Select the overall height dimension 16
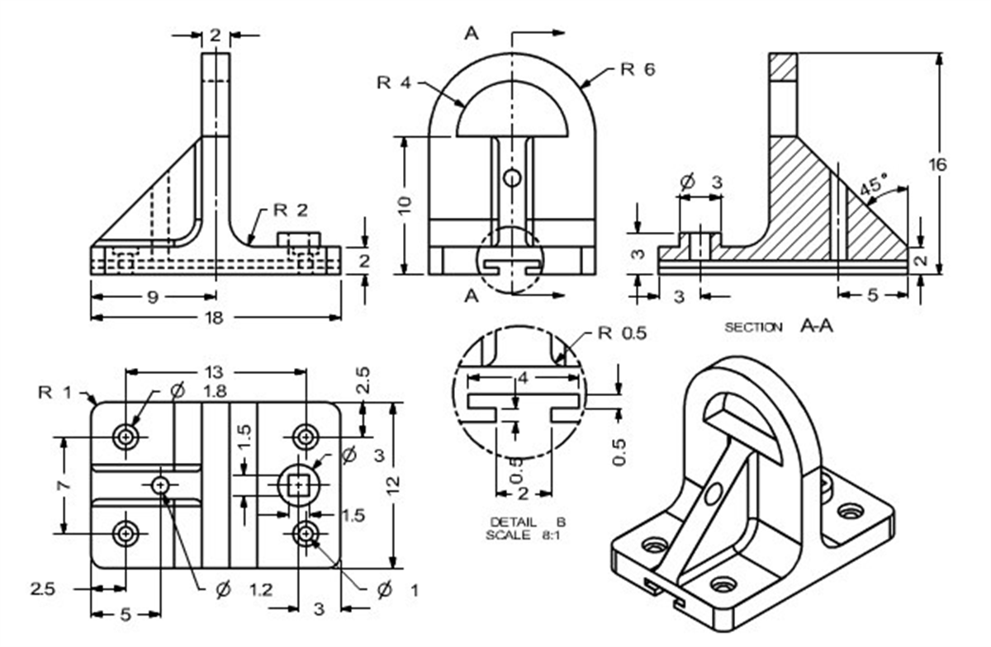tap(937, 164)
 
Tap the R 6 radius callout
tap(638, 70)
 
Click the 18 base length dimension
tap(214, 318)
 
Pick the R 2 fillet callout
tap(291, 210)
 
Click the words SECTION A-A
tap(779, 327)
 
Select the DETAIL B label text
tap(528, 522)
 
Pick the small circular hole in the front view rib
tap(513, 177)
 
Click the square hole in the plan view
tap(298, 484)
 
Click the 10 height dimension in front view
tap(405, 203)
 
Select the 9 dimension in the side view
tap(152, 296)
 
